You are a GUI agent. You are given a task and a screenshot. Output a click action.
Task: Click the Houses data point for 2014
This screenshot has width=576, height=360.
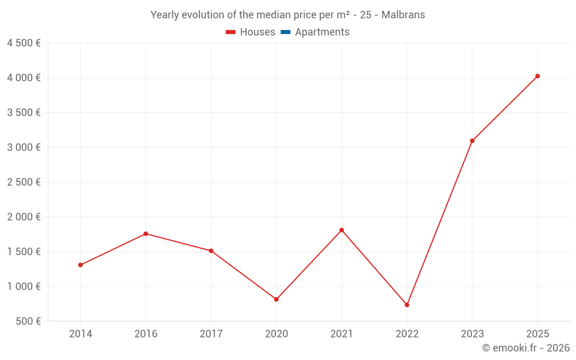coord(81,265)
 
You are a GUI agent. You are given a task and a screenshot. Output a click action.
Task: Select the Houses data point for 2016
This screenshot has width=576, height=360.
coord(146,234)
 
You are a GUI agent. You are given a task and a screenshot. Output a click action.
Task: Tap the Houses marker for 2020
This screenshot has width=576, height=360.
coord(276,300)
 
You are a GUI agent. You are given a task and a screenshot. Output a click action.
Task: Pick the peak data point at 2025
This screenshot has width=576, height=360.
coord(537,76)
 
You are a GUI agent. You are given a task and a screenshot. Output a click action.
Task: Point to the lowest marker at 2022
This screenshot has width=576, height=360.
coord(407,305)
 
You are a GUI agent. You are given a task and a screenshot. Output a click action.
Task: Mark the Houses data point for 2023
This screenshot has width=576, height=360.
coord(472,141)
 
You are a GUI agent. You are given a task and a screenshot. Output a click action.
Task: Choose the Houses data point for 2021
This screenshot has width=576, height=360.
coord(342,230)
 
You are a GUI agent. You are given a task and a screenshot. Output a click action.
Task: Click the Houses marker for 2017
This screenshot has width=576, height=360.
coord(211,251)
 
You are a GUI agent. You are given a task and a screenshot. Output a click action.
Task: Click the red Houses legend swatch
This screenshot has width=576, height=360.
coord(231,32)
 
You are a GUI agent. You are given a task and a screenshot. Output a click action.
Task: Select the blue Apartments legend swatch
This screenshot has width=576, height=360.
coord(286,32)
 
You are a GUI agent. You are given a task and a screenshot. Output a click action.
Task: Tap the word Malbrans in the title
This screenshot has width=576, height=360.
coord(403,15)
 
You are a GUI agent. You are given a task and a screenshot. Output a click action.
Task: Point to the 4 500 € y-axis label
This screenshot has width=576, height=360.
coord(24,43)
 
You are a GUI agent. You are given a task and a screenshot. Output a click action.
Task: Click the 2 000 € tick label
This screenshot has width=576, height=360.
coord(24,217)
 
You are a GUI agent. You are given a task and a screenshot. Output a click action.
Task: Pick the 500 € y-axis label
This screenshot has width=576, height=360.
coord(28,321)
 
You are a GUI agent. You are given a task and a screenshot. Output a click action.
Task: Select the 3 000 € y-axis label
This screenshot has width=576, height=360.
coord(24,147)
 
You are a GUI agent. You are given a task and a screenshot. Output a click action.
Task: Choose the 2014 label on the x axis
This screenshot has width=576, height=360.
coord(81,334)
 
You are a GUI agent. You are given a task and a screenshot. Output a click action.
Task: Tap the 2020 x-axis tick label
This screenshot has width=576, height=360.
coord(276,334)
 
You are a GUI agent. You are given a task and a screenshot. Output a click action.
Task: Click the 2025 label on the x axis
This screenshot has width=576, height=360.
coord(537,334)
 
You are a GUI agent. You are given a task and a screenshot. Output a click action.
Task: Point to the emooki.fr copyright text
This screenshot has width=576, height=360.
coord(526,347)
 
